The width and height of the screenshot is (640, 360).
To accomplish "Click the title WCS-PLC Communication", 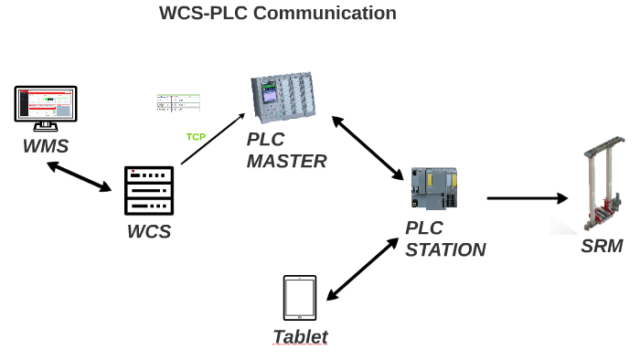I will [278, 13].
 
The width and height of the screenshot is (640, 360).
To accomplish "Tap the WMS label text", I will [46, 146].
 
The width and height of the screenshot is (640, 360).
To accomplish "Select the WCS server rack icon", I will [149, 191].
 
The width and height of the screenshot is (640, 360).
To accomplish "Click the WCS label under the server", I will [149, 231].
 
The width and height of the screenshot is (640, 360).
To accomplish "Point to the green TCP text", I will [196, 137].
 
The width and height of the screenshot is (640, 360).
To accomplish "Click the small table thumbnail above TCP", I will [178, 102].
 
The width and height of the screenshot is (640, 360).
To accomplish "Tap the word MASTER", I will [286, 162].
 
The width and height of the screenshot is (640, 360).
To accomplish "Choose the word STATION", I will [445, 249].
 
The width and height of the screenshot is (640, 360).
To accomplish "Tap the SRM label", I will [602, 246].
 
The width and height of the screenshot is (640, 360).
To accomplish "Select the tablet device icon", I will [300, 299].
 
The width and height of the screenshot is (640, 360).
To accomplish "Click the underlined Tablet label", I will [300, 337].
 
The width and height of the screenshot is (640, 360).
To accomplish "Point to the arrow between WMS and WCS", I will [79, 176].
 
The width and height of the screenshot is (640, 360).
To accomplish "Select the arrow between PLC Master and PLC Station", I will [368, 147].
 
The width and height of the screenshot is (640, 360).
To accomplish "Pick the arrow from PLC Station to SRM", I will [527, 197].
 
